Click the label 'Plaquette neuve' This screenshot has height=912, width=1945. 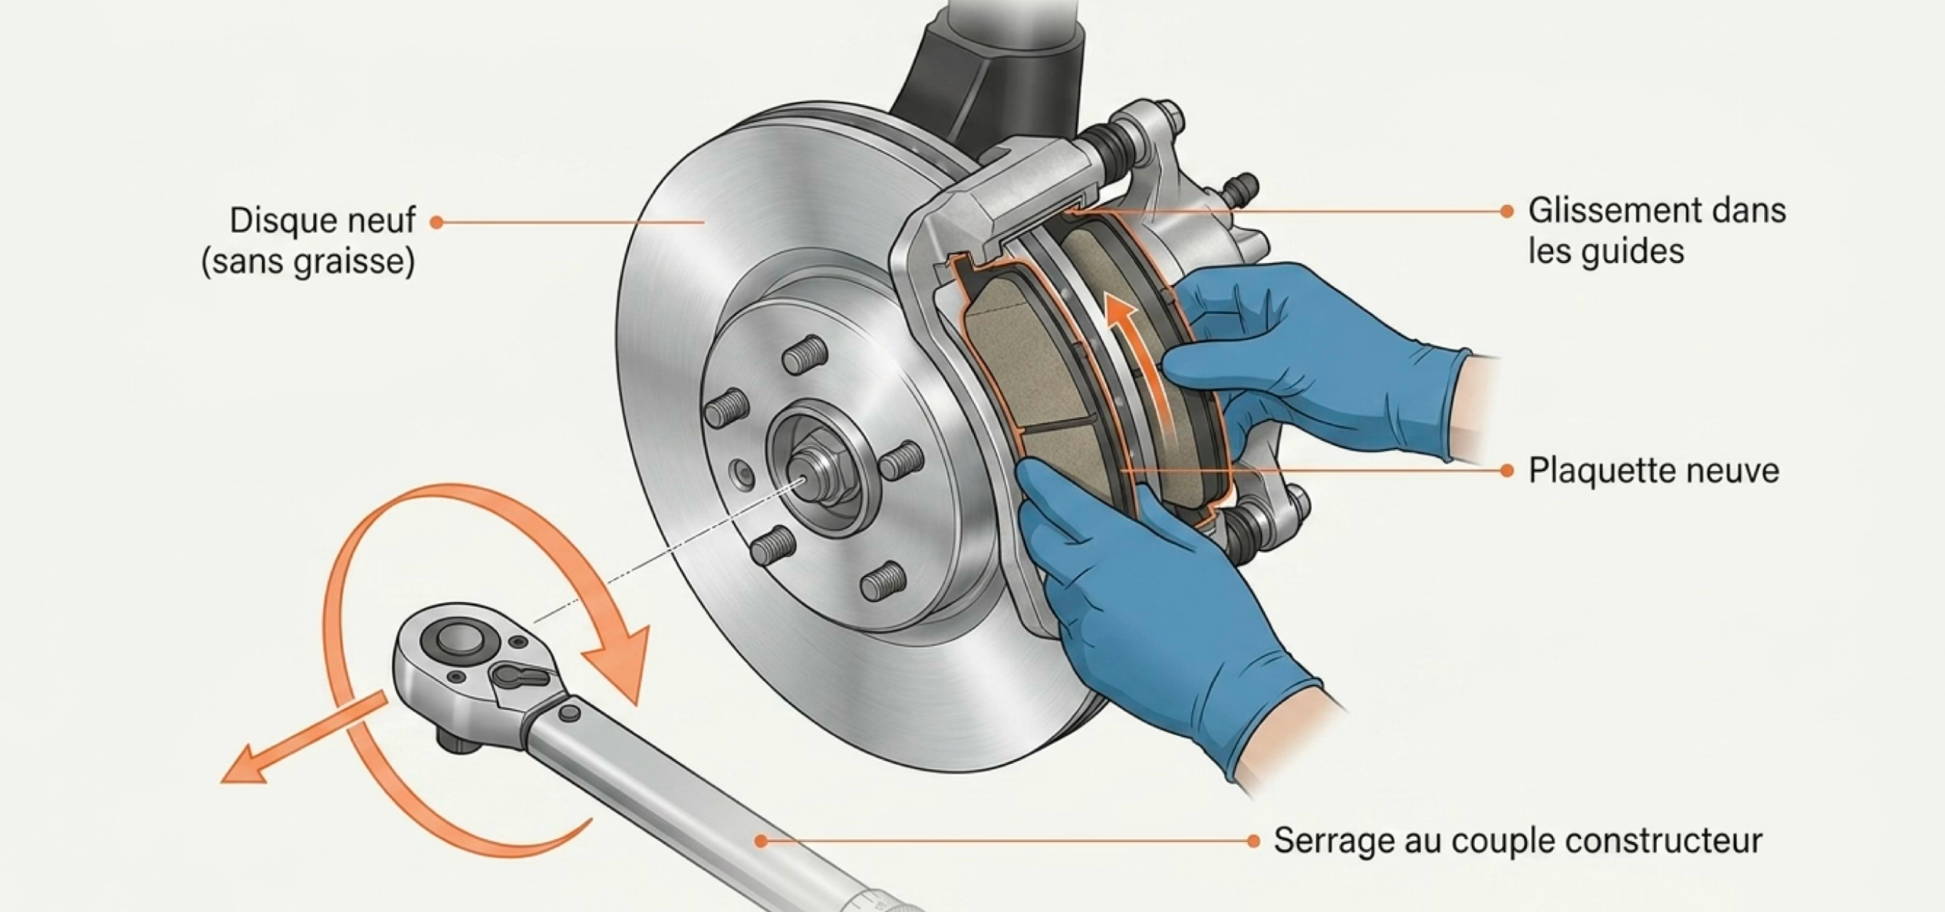click(x=1653, y=471)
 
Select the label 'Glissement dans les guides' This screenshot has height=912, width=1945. click(x=1657, y=231)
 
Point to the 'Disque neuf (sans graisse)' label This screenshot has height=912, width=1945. click(x=308, y=241)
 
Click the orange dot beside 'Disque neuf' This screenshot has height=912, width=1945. click(x=436, y=222)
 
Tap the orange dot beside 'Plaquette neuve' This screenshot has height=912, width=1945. click(x=1507, y=471)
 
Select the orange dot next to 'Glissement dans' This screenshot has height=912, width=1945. click(x=1507, y=212)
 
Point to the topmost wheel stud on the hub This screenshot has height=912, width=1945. click(x=805, y=354)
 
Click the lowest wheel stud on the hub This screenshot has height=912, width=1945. click(x=884, y=581)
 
